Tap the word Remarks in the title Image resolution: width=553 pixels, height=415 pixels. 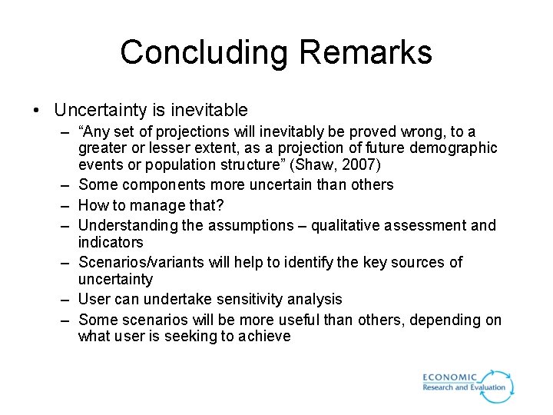point(366,53)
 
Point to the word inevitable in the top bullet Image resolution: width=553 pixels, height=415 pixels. point(208,111)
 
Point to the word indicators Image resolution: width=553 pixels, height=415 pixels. point(111,242)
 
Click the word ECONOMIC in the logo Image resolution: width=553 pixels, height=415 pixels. point(449,378)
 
